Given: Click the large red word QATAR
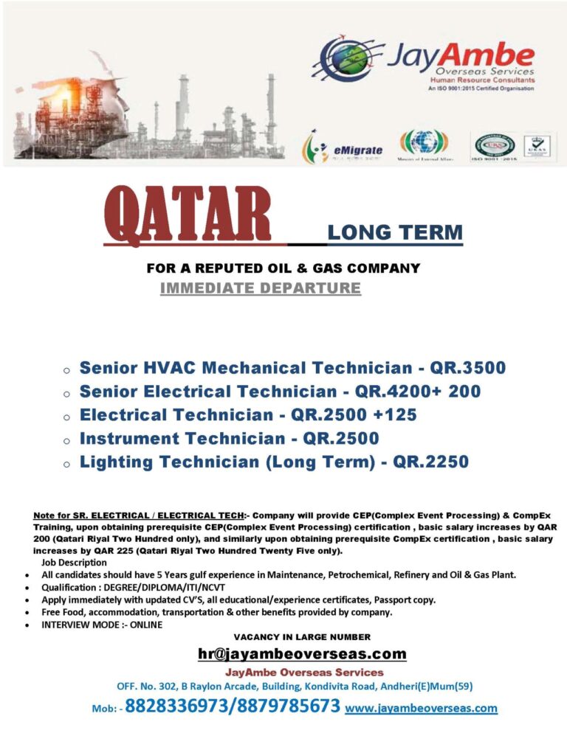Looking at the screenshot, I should [188, 215].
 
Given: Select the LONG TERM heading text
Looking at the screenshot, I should [395, 233].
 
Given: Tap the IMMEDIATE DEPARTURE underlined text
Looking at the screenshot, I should [261, 288].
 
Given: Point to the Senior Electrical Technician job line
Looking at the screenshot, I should [280, 391].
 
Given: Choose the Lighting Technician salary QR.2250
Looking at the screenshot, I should [430, 462].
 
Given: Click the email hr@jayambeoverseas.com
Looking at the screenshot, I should [302, 653].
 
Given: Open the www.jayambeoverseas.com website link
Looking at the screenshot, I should [422, 708].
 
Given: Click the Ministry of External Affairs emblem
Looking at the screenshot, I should [423, 145].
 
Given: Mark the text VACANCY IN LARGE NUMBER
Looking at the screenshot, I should [302, 636].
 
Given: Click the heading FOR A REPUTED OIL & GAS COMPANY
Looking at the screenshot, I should [283, 268].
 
